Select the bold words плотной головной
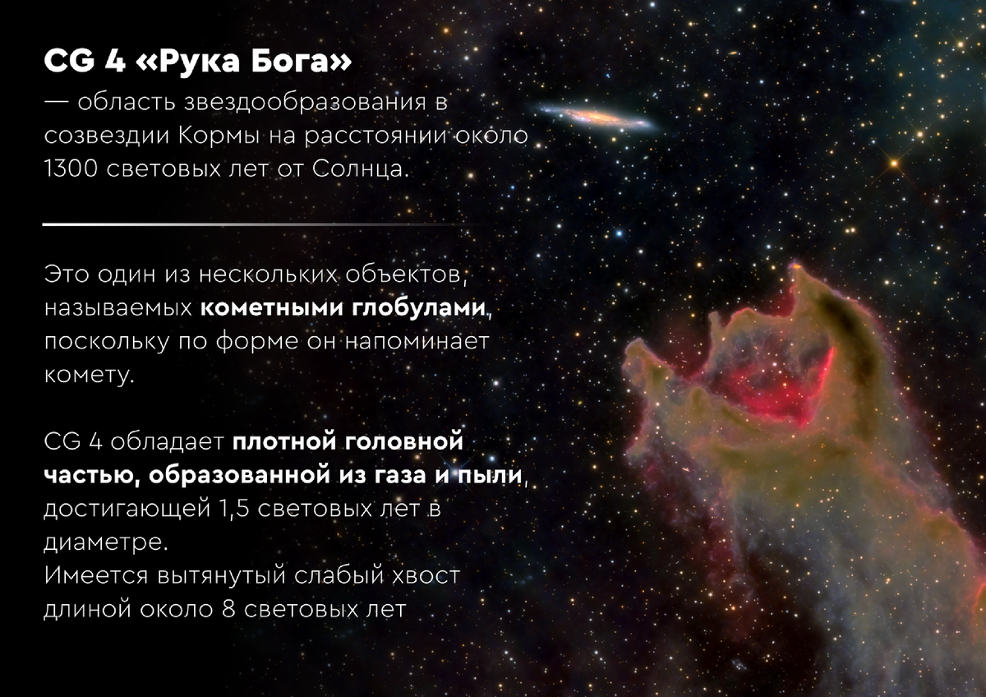[347, 441]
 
